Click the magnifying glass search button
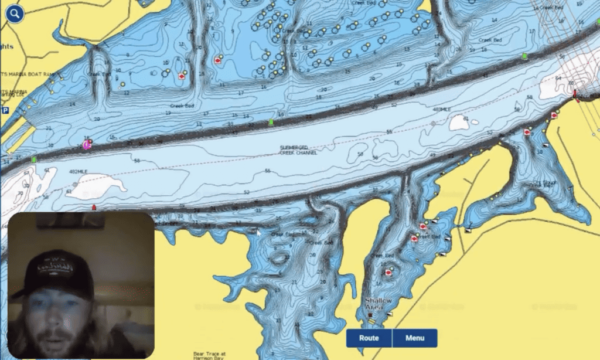[15, 13]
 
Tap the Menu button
[414, 338]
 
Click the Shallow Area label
[374, 304]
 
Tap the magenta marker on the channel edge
[87, 144]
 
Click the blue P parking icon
[5, 110]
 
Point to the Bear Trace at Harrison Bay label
[209, 355]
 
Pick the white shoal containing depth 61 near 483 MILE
[459, 121]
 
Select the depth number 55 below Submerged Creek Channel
[267, 171]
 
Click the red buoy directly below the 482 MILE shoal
[94, 207]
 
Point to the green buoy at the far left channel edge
[34, 159]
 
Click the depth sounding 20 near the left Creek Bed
[97, 119]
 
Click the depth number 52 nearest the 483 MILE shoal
[490, 133]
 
